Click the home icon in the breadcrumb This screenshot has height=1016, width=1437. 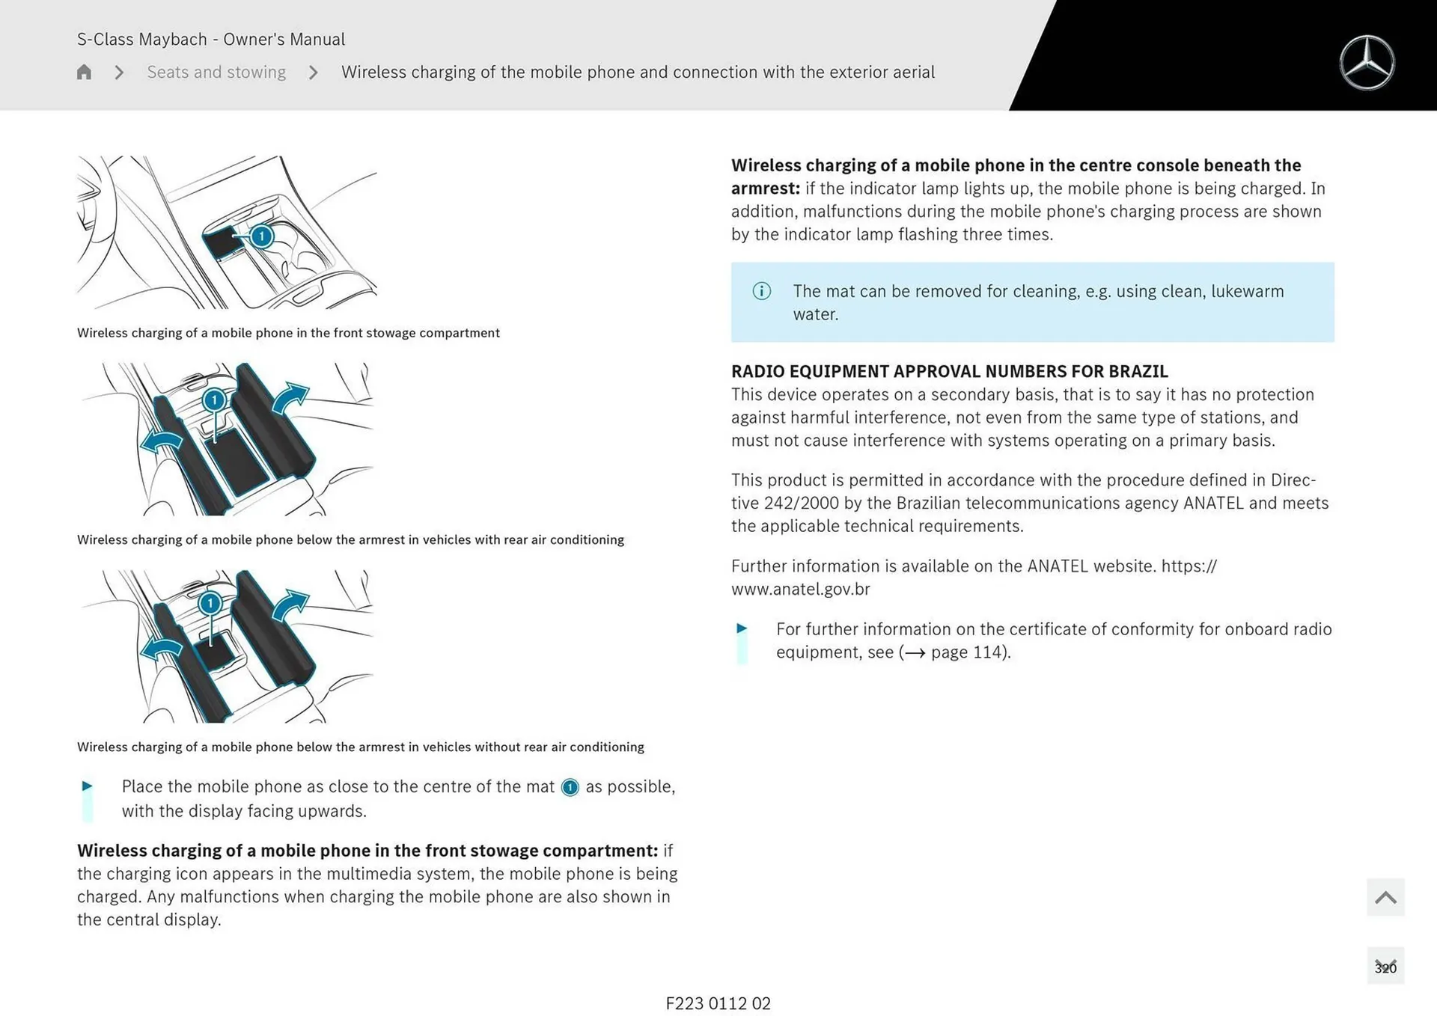[x=84, y=72]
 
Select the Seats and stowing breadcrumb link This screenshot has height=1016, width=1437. [x=216, y=72]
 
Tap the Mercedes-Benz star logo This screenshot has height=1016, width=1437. [x=1367, y=63]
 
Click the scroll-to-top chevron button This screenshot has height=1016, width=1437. [x=1385, y=897]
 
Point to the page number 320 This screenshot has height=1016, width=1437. [x=1385, y=967]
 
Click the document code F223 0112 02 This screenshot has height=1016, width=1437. [x=718, y=1003]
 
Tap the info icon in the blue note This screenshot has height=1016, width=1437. [x=761, y=291]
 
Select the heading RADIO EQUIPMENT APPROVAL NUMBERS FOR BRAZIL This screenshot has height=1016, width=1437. [x=949, y=371]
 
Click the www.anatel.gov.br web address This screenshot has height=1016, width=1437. [x=800, y=589]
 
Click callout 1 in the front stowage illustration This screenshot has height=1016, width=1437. [x=261, y=236]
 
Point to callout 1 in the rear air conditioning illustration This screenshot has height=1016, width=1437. [x=215, y=400]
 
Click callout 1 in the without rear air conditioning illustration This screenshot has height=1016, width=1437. [x=210, y=603]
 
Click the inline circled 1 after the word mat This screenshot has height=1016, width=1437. [x=570, y=788]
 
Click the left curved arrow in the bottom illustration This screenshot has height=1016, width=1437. [x=162, y=648]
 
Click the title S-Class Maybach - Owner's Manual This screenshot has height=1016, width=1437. [x=211, y=39]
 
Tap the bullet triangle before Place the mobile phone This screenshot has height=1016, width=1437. [x=87, y=786]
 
